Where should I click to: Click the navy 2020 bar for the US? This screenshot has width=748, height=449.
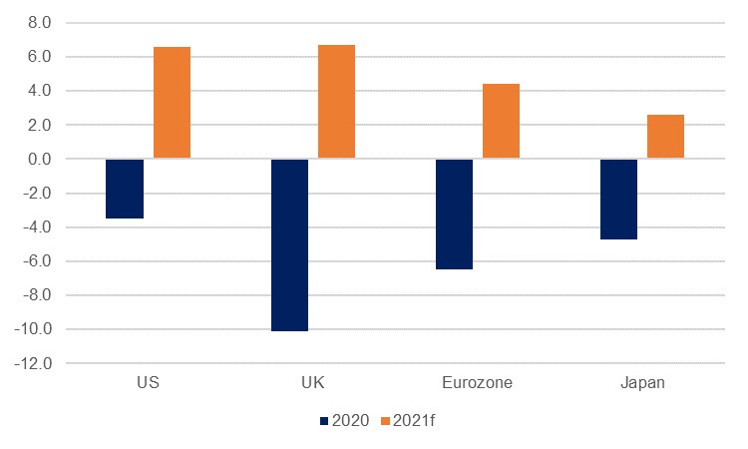(125, 189)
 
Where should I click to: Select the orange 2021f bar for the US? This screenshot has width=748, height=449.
(172, 103)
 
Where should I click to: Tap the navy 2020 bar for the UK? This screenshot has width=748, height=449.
(289, 244)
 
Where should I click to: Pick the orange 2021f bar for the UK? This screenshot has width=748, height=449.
(336, 102)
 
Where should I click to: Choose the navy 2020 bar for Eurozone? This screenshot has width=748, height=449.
(454, 214)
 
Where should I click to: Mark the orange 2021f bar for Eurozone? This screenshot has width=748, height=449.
(501, 121)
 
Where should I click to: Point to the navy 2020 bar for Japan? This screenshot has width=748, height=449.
(618, 199)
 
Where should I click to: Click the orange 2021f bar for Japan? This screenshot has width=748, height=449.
(665, 137)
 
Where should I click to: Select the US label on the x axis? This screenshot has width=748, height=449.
(148, 382)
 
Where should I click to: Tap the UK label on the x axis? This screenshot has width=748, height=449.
(312, 382)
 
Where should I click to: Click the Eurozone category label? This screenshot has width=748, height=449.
(477, 382)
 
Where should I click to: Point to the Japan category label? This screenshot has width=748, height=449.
(641, 382)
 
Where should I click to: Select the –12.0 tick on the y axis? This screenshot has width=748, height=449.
(43, 364)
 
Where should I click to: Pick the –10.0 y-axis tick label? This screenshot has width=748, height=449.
(43, 330)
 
